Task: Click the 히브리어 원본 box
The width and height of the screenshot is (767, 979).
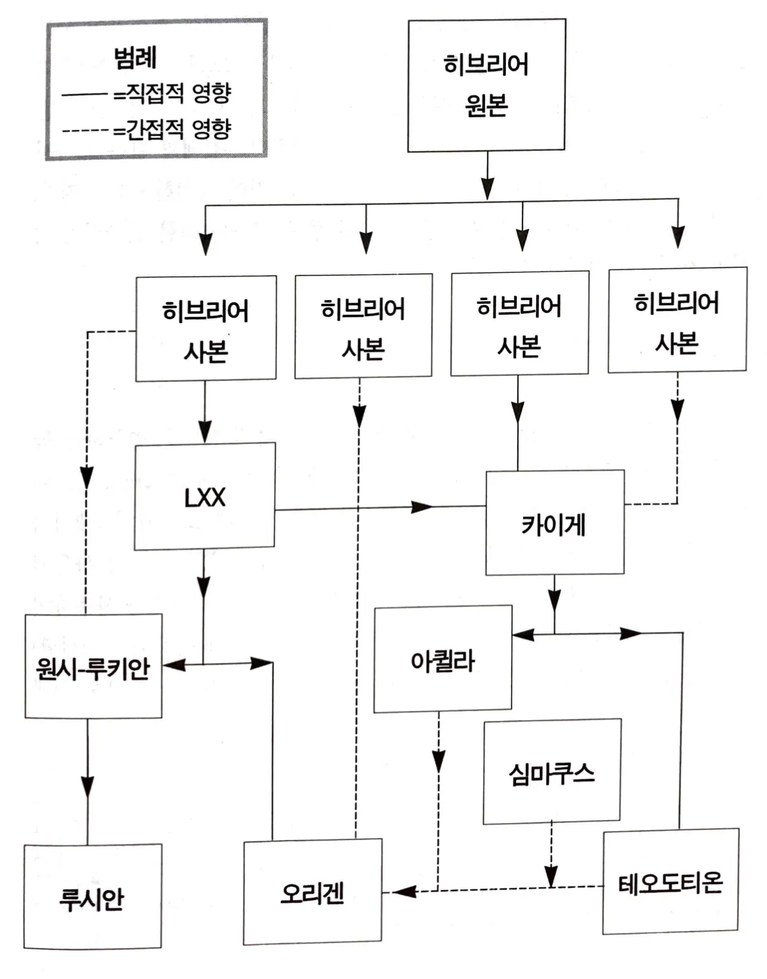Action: pyautogui.click(x=486, y=85)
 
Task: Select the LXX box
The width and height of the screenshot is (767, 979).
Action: pyautogui.click(x=205, y=497)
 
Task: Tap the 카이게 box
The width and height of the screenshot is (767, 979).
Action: pyautogui.click(x=555, y=523)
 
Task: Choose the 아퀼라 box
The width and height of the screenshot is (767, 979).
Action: pyautogui.click(x=443, y=660)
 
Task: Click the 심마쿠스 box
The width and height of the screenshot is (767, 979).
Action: pyautogui.click(x=552, y=771)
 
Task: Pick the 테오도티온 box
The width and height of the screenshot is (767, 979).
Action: pyautogui.click(x=671, y=882)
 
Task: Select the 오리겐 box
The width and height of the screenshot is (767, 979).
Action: pyautogui.click(x=312, y=892)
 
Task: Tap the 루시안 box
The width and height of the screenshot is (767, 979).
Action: pyautogui.click(x=92, y=897)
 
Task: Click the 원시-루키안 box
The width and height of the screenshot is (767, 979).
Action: pyautogui.click(x=93, y=667)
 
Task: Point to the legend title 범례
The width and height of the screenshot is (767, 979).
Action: pyautogui.click(x=135, y=58)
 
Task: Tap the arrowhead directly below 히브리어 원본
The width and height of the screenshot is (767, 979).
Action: pyautogui.click(x=488, y=186)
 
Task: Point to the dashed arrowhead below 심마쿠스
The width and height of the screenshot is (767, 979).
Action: pyautogui.click(x=550, y=876)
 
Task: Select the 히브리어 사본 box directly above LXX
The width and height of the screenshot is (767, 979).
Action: pyautogui.click(x=206, y=329)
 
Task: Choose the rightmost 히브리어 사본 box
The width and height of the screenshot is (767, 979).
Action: pyautogui.click(x=677, y=321)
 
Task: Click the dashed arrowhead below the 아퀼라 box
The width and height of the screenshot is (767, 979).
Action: pyautogui.click(x=438, y=761)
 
